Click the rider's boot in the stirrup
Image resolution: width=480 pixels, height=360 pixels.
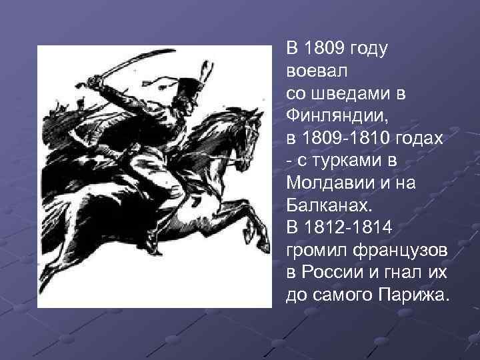pyautogui.click(x=158, y=230)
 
